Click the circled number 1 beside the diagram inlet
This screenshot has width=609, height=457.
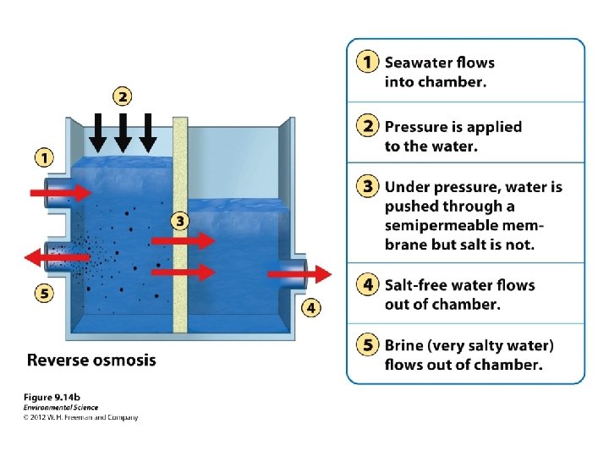[44, 157]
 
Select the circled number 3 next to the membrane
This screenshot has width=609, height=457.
[179, 221]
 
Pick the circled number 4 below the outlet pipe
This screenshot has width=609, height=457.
[312, 307]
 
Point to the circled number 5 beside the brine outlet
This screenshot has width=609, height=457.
[44, 294]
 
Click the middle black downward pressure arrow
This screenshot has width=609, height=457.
[123, 131]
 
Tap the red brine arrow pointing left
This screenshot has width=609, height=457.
[47, 255]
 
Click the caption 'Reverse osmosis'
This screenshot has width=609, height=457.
[91, 360]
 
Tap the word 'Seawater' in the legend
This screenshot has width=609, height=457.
[418, 63]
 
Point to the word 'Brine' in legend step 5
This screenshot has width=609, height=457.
[405, 346]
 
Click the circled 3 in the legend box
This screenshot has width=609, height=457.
[367, 187]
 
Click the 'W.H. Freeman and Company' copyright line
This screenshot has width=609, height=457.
[80, 416]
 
